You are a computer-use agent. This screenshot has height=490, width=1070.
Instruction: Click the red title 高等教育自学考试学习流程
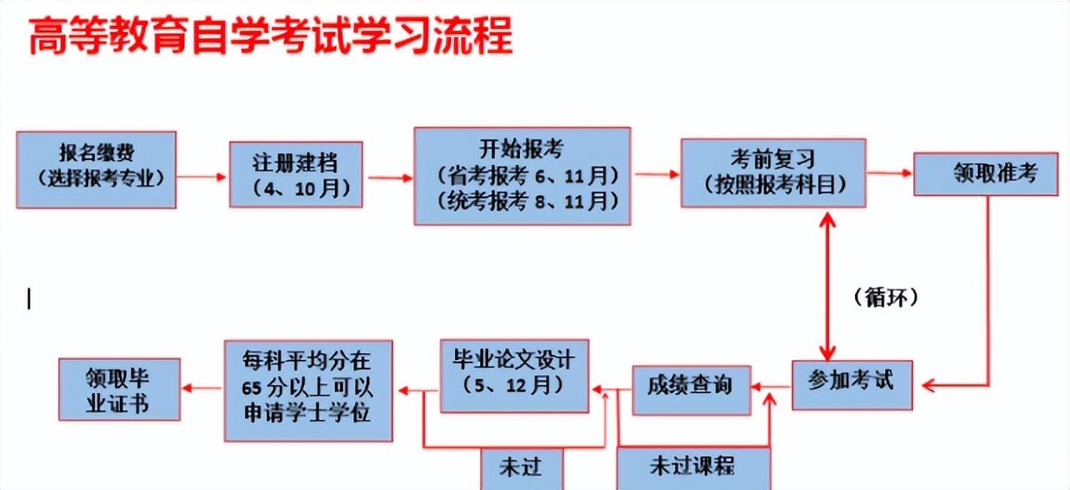(270, 35)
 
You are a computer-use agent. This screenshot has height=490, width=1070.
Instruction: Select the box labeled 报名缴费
(97, 170)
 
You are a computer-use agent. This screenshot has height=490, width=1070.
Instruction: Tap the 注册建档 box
(296, 174)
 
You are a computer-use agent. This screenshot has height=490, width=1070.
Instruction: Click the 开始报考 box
(522, 176)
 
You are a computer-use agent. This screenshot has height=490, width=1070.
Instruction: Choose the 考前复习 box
(773, 172)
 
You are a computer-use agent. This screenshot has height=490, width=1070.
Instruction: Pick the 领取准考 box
(986, 174)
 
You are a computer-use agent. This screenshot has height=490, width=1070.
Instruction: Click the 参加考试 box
(852, 385)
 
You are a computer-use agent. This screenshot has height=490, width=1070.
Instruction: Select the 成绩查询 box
(692, 390)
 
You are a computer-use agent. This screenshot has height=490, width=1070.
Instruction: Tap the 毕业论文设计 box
(514, 376)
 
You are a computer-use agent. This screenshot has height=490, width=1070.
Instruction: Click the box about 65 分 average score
(308, 391)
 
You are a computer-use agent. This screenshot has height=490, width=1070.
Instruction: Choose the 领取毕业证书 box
(119, 389)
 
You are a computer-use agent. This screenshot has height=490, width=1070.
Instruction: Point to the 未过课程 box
(693, 468)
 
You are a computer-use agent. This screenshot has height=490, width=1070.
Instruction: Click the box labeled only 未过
(522, 469)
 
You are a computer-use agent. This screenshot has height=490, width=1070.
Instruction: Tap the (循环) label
(886, 297)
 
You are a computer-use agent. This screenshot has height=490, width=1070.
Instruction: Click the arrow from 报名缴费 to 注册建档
(201, 177)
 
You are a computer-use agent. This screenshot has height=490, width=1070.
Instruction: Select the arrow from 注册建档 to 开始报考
(389, 177)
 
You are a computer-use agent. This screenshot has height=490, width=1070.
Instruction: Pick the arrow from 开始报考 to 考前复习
(657, 174)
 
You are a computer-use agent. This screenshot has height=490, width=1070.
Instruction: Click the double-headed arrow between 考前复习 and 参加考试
(827, 287)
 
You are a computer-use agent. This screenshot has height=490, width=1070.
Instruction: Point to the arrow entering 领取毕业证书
(202, 387)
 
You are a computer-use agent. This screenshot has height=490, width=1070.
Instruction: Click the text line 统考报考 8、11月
(527, 202)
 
